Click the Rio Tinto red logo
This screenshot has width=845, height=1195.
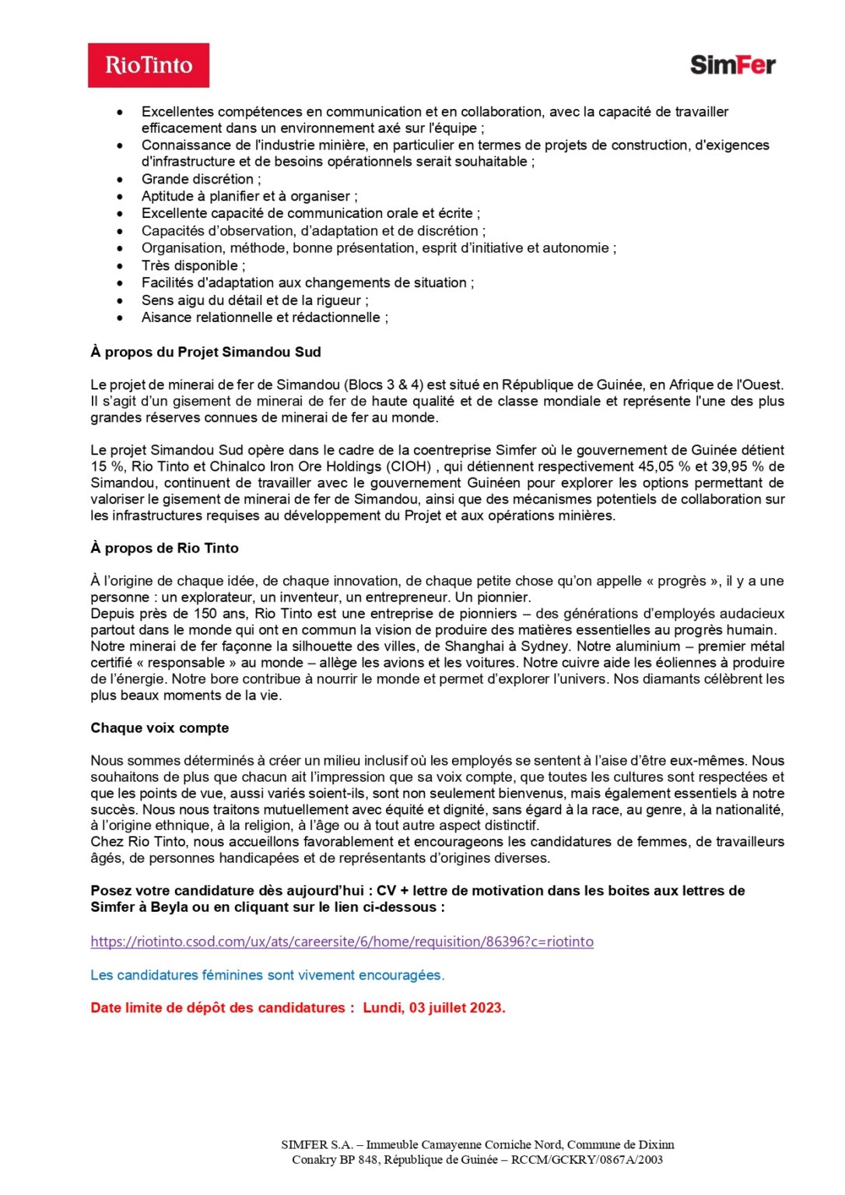click(149, 65)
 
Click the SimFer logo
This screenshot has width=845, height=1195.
click(732, 65)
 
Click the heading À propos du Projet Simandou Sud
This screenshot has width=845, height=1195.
click(205, 352)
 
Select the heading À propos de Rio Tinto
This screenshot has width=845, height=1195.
click(164, 548)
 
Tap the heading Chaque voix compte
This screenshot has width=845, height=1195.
click(160, 728)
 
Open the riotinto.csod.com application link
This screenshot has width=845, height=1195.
click(342, 942)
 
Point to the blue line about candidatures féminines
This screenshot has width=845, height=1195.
click(268, 976)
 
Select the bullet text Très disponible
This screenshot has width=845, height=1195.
click(193, 266)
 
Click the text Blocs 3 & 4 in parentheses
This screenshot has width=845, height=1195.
click(384, 385)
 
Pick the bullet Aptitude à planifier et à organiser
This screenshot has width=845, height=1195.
click(249, 197)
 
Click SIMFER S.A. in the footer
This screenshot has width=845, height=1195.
click(317, 1145)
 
